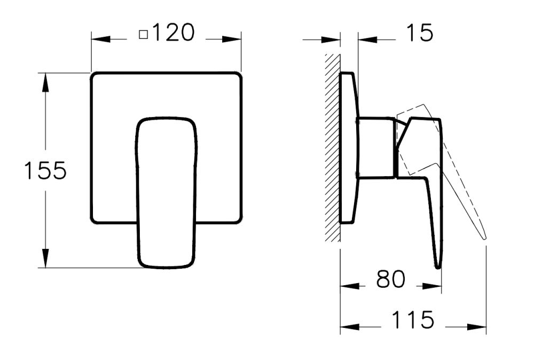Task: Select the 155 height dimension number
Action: coord(45,170)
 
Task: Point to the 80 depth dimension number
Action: coord(391,279)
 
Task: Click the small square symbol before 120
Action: coord(143,35)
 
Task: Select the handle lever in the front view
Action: coord(166,192)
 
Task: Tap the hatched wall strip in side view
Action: coord(333,147)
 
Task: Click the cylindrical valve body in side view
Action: coord(376,146)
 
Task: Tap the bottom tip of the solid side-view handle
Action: coord(438,265)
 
